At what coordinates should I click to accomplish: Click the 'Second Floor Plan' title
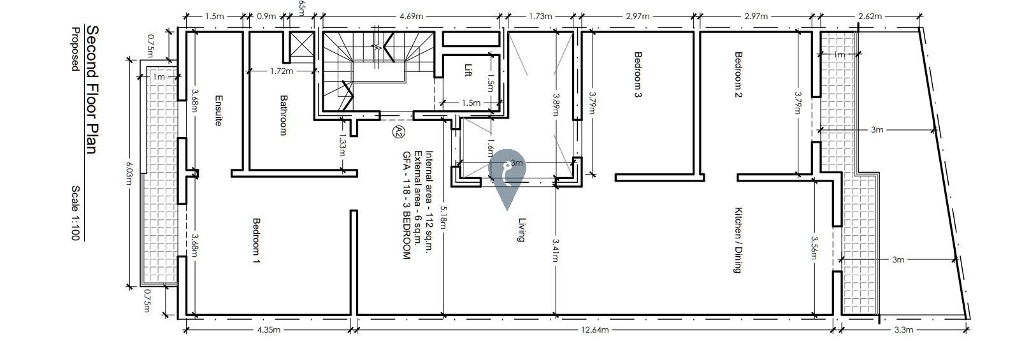[91, 90]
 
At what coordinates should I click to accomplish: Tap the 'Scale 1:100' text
[75, 213]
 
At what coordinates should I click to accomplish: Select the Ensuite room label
[217, 111]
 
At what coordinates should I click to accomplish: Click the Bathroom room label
[284, 115]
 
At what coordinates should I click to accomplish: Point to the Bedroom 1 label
[257, 241]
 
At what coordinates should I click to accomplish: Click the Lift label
[468, 70]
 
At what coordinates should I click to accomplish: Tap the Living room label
[521, 230]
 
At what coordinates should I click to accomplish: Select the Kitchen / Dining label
[738, 240]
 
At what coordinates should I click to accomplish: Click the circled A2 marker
[398, 132]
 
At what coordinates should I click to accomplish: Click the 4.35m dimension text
[268, 330]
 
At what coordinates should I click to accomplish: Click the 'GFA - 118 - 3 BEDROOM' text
[406, 205]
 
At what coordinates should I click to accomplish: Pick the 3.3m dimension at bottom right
[903, 330]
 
